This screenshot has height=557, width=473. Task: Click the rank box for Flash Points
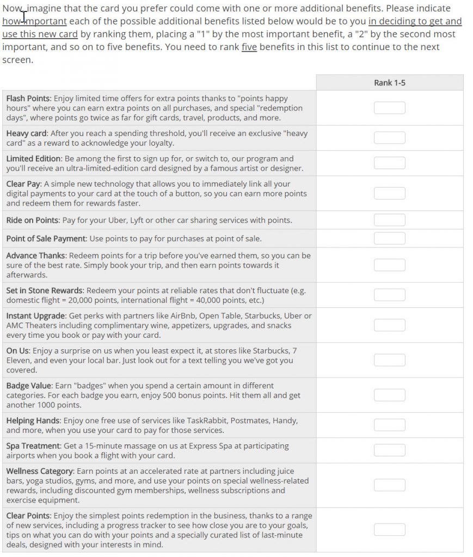(x=389, y=108)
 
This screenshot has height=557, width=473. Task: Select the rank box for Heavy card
(x=389, y=138)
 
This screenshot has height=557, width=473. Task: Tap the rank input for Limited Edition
(x=389, y=163)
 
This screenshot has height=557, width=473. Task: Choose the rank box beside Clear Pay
(x=389, y=193)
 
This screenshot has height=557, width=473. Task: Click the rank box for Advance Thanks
(x=389, y=265)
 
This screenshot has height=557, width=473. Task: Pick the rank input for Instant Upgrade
(x=389, y=325)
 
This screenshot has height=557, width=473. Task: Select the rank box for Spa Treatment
(x=389, y=450)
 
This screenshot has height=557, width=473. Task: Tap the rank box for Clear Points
(x=389, y=530)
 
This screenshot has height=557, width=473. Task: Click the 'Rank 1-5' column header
(x=389, y=83)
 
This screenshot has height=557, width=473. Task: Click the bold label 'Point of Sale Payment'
(x=46, y=238)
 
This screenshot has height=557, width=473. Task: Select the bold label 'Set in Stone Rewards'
(x=45, y=290)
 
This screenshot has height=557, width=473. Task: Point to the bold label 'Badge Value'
(x=29, y=386)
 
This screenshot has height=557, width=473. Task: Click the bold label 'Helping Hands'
(x=33, y=420)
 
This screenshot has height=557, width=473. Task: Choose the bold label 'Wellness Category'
(x=39, y=471)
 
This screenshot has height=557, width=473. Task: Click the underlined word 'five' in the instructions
(x=249, y=47)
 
